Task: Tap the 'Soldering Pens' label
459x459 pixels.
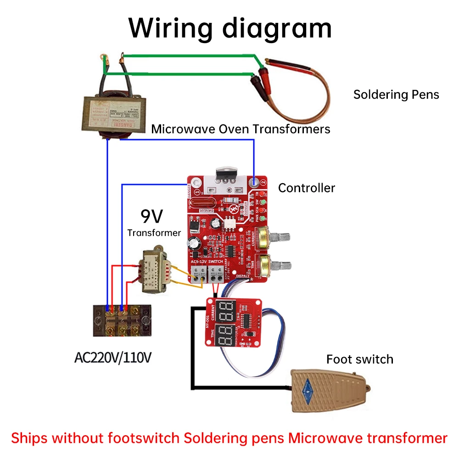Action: click(x=396, y=95)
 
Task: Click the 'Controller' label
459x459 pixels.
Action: click(x=306, y=188)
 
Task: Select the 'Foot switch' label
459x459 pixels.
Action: click(x=359, y=359)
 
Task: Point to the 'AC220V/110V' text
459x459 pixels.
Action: click(x=112, y=357)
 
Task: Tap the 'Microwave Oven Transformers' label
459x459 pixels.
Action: click(x=241, y=129)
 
